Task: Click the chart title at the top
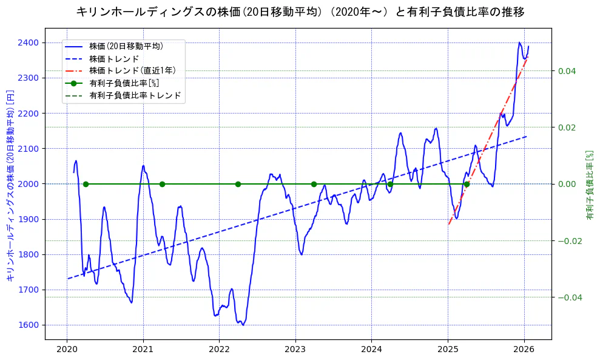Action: tap(300, 12)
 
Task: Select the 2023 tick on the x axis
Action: tap(295, 350)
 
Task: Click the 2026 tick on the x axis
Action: tap(524, 350)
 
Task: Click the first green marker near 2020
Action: tap(86, 184)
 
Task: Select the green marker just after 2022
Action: tap(238, 184)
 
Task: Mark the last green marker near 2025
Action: tap(467, 184)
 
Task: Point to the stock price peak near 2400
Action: tap(519, 42)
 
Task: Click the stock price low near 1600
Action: tap(243, 325)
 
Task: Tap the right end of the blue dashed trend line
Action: tap(526, 137)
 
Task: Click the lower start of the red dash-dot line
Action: tap(448, 225)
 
